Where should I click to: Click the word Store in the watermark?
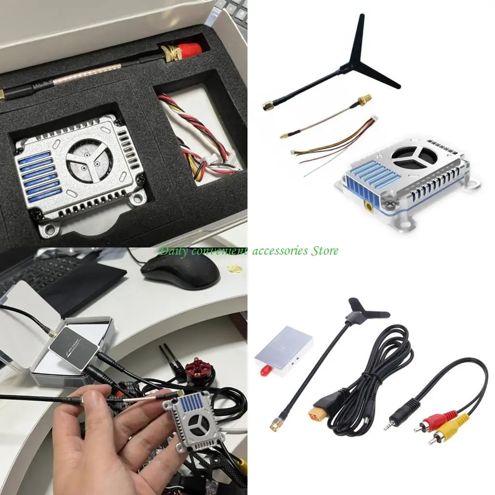tap(324, 250)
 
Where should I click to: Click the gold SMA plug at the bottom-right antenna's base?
tap(276, 426)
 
